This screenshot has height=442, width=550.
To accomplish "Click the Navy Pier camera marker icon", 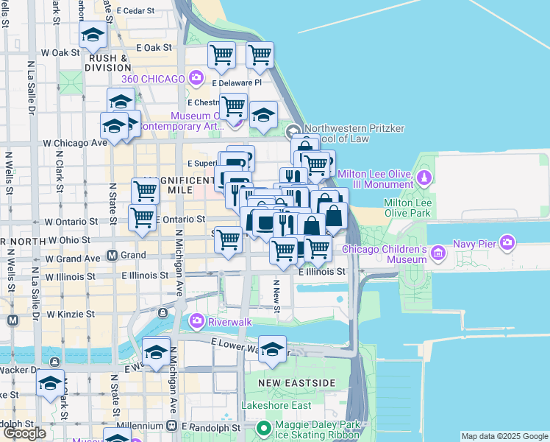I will [x=507, y=242].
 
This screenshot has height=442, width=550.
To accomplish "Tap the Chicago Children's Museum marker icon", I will [x=439, y=254].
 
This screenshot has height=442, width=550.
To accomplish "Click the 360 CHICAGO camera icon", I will [x=196, y=77].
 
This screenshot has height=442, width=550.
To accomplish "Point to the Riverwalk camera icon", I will [x=197, y=320].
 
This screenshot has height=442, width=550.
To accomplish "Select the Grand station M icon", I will [x=113, y=256].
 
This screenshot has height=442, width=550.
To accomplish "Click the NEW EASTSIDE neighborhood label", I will [x=297, y=383].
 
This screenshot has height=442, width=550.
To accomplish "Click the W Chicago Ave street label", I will [x=75, y=142].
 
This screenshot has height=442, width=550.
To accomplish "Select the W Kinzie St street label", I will [x=71, y=314].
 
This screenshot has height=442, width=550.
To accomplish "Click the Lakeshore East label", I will [x=276, y=405].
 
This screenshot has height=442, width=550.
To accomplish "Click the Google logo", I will [x=25, y=432].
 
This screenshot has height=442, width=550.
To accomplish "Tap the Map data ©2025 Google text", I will [x=504, y=436].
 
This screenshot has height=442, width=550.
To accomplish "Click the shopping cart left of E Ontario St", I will [x=142, y=217].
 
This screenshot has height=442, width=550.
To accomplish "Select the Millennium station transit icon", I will [x=172, y=426].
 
